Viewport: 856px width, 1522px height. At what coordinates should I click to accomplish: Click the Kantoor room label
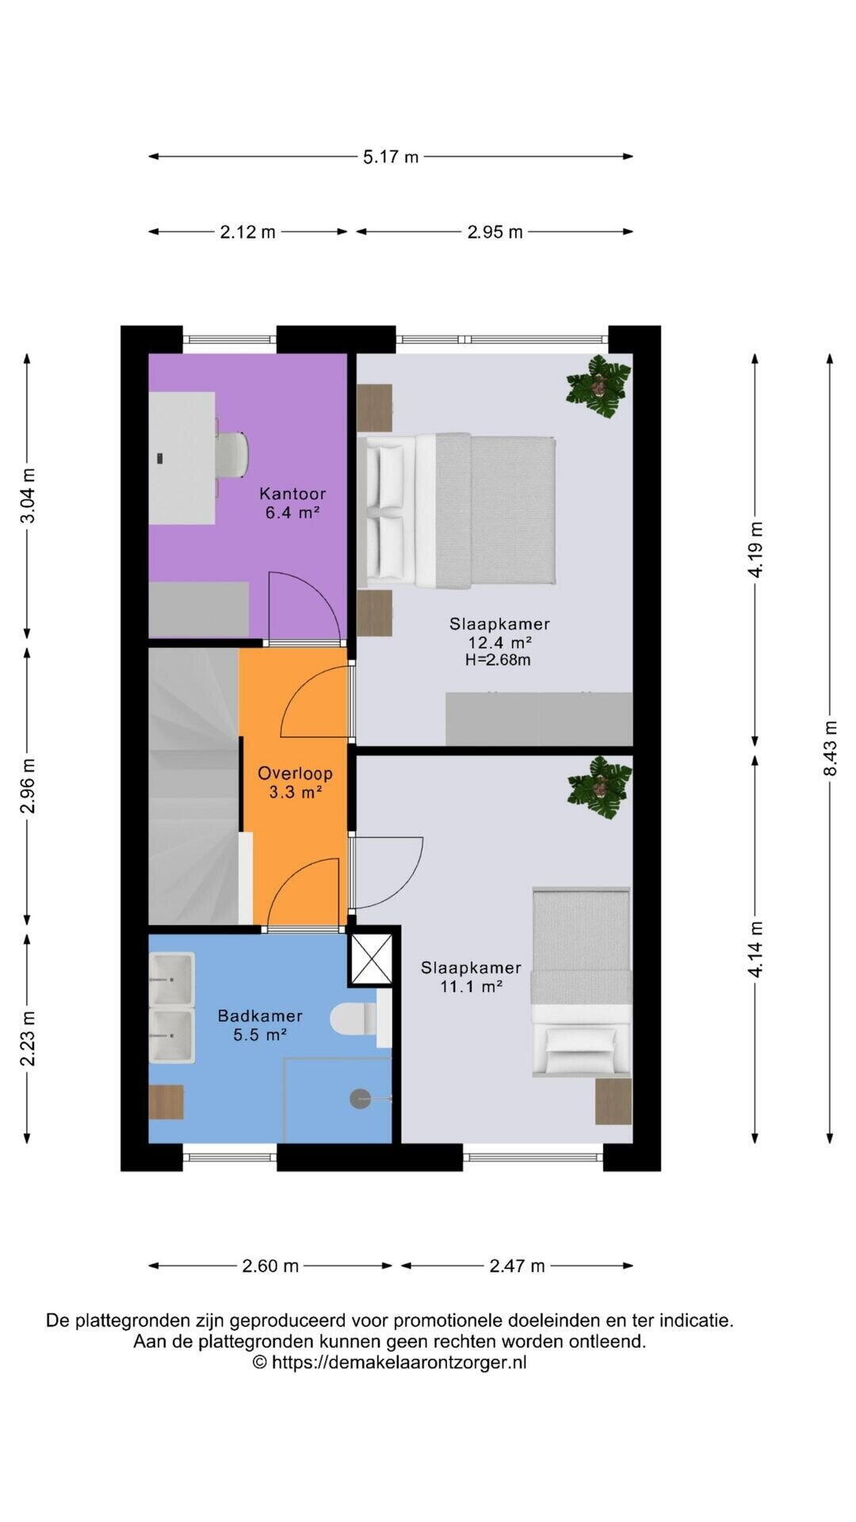[292, 494]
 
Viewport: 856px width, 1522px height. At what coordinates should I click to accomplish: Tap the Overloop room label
[295, 774]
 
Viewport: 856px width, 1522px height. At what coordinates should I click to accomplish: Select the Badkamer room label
[260, 1015]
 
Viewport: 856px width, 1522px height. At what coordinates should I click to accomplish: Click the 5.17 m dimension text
[391, 157]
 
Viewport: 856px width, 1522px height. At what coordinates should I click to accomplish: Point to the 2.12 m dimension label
[247, 232]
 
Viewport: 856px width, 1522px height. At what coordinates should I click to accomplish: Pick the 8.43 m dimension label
[830, 748]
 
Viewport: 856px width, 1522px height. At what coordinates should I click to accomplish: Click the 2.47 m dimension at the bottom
[517, 1266]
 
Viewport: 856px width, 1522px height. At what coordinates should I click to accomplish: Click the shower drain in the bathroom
[361, 1099]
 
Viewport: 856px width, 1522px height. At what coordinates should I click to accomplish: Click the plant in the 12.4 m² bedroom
[598, 386]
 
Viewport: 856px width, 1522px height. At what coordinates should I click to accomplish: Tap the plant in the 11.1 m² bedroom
[599, 787]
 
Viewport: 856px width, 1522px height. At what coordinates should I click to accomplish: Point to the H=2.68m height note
[498, 660]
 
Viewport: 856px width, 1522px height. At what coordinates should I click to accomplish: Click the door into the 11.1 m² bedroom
[386, 873]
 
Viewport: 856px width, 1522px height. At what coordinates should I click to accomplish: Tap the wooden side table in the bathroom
[166, 1102]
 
